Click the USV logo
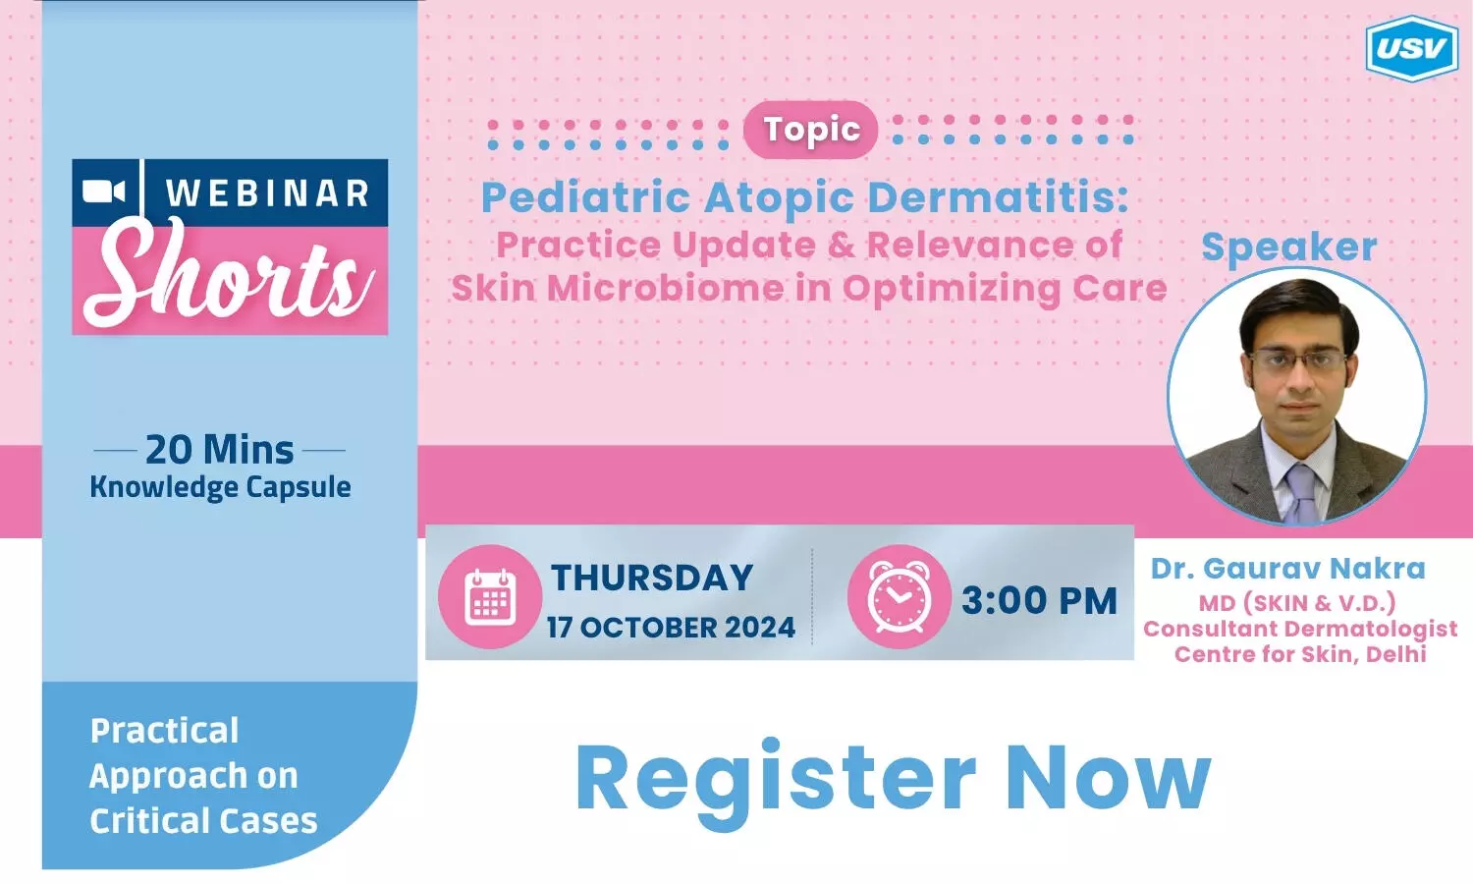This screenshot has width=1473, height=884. pyautogui.click(x=1412, y=48)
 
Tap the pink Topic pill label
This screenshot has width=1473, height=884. pyautogui.click(x=811, y=130)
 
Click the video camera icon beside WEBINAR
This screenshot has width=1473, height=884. pyautogui.click(x=103, y=192)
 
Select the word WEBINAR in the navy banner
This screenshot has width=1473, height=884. pyautogui.click(x=267, y=193)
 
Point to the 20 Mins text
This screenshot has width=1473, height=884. pyautogui.click(x=220, y=451)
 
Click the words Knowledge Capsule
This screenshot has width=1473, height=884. pyautogui.click(x=220, y=488)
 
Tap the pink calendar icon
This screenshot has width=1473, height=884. pyautogui.click(x=490, y=597)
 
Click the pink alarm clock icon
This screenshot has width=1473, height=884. pyautogui.click(x=899, y=597)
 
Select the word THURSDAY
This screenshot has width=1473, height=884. pyautogui.click(x=652, y=578)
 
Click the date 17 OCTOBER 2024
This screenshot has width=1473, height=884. pyautogui.click(x=671, y=628)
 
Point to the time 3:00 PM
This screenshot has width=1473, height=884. pyautogui.click(x=1039, y=600)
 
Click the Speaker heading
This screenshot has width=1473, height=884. pyautogui.click(x=1288, y=248)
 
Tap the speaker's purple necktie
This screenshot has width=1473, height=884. pyautogui.click(x=1301, y=493)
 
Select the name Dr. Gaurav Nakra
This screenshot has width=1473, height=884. pyautogui.click(x=1287, y=569)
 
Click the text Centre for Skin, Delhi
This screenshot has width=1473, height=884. pyautogui.click(x=1300, y=654)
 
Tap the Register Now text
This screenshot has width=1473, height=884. pyautogui.click(x=893, y=778)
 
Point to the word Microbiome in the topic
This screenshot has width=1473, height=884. pyautogui.click(x=666, y=289)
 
